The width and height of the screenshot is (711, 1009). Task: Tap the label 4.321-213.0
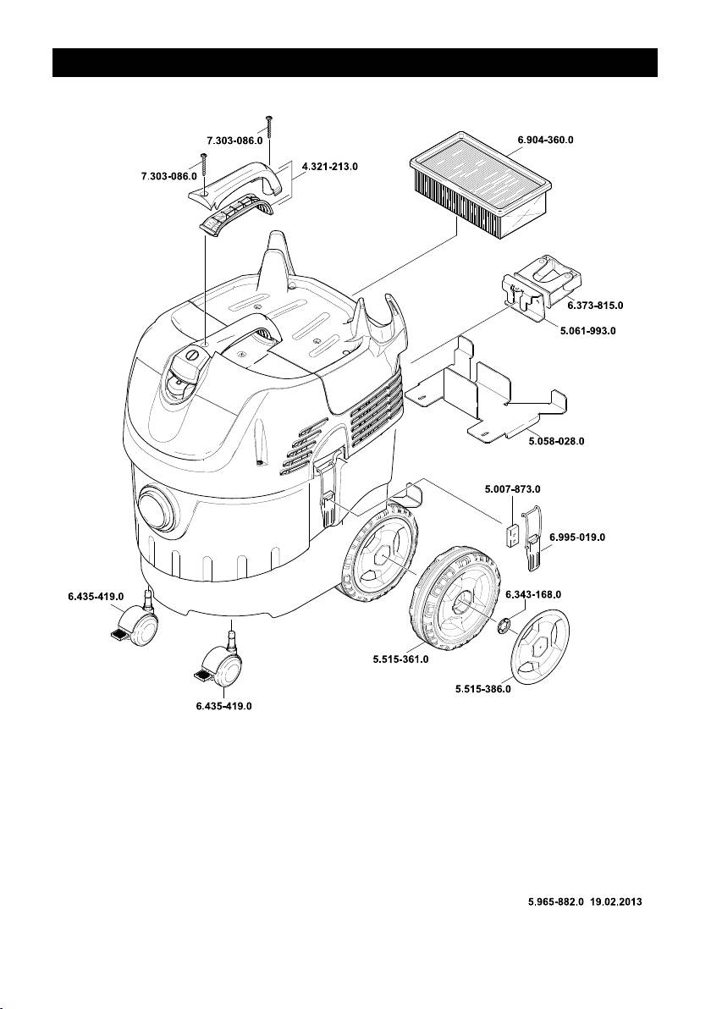[329, 168]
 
